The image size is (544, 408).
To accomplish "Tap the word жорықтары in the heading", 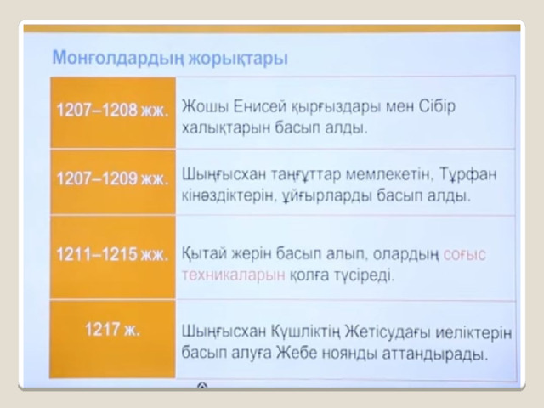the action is (238, 59).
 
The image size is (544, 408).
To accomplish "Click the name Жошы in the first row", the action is (205, 106).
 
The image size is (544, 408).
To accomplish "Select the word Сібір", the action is (437, 106).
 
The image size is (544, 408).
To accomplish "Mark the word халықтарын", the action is (226, 128).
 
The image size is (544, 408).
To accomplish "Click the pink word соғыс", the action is (465, 255).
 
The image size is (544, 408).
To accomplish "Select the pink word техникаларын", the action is (234, 275).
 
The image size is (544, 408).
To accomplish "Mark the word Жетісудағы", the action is (388, 332).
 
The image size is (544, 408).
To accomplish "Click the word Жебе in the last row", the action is (297, 354).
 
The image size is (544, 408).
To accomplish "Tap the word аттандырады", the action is (434, 354).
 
